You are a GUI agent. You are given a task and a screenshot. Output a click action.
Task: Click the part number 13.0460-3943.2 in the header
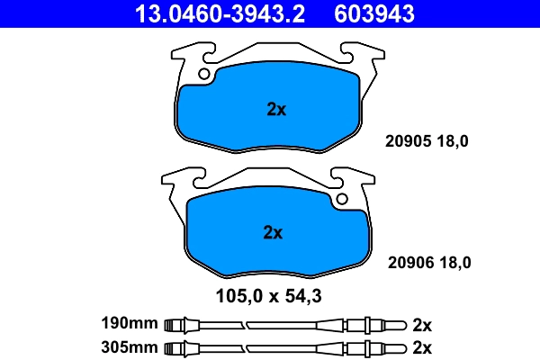coord(220,13)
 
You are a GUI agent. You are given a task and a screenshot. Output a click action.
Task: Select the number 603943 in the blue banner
coord(374,13)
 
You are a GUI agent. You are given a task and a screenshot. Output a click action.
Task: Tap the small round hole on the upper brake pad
coord(204,74)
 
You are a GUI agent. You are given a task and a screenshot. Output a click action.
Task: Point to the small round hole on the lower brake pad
coord(342,199)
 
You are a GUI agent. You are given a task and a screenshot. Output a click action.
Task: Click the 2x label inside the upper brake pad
coord(276,109)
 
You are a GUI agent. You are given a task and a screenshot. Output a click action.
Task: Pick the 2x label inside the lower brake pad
coord(273,232)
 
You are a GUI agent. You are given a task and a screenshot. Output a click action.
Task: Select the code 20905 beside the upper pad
coord(408,141)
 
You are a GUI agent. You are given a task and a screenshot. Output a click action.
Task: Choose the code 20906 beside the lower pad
coord(411,263)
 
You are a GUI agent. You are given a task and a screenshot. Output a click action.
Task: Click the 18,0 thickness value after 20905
coord(453,141)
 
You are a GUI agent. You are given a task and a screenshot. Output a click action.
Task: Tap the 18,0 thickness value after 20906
coord(455,263)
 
